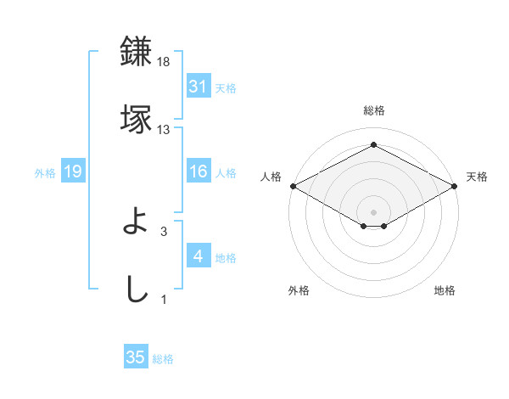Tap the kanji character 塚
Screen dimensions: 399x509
point(137,118)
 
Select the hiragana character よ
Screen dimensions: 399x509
point(137,222)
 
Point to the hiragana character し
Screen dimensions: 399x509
point(137,289)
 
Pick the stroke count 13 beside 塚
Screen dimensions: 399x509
point(164,130)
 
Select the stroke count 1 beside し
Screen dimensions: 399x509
point(164,299)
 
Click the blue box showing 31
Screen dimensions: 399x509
point(198,87)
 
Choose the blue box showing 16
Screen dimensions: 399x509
point(198,172)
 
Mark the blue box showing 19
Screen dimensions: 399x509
point(73,172)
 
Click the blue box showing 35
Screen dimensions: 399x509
point(136,357)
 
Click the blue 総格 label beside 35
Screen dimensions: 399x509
point(163,359)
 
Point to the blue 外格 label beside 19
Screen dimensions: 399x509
point(45,173)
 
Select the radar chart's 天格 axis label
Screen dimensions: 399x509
point(477,177)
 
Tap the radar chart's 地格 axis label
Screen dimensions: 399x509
point(445,290)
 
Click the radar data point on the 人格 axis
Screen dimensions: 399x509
point(293,186)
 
